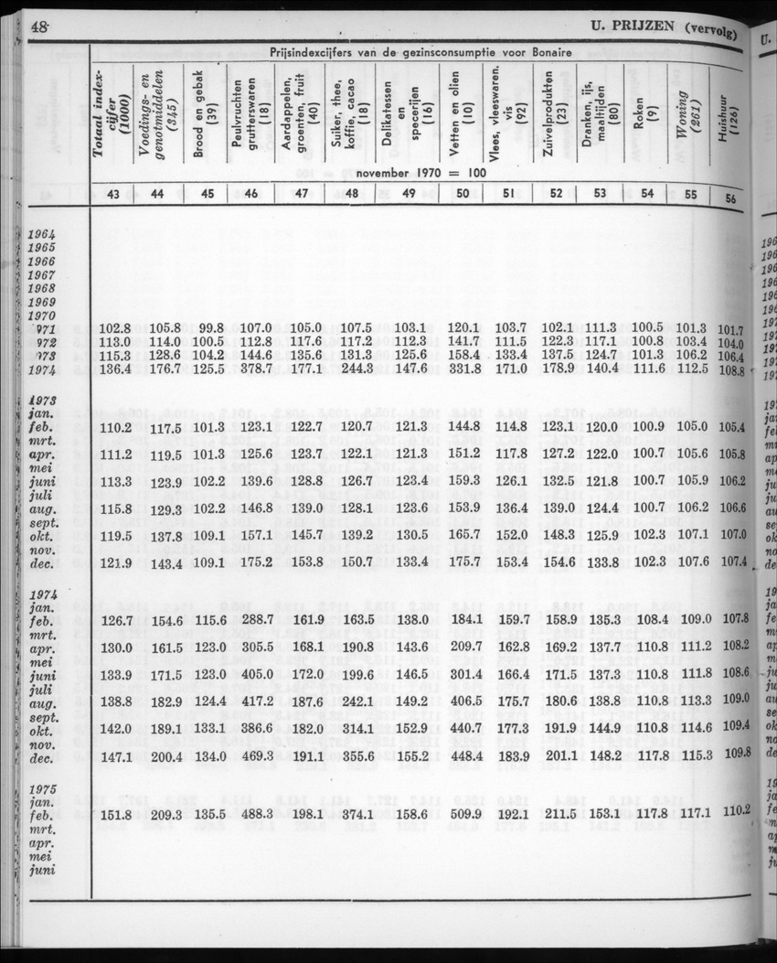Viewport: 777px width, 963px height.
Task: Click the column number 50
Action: [x=463, y=193]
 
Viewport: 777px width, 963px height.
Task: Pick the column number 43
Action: [x=113, y=193]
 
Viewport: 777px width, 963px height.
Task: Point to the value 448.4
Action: [x=463, y=757]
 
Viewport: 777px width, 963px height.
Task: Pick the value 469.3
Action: [x=256, y=757]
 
